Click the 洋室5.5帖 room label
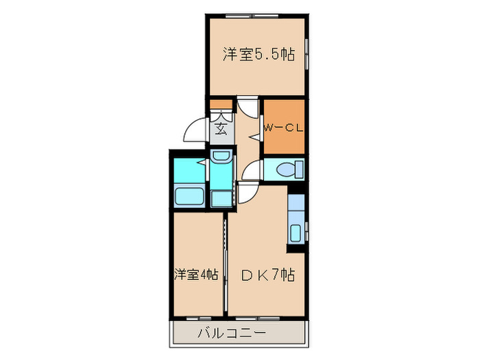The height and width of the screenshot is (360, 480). tap(259, 56)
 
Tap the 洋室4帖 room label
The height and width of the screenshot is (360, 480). tap(195, 275)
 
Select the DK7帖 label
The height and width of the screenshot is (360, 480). tap(268, 275)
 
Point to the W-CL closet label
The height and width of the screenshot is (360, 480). tap(283, 128)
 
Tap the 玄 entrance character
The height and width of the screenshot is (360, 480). tap(221, 128)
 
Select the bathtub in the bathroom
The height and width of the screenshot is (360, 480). tap(189, 196)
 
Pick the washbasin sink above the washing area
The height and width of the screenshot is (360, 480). tap(221, 158)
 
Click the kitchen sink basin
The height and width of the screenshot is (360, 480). tap(296, 232)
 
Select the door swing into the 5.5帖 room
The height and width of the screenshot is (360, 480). tap(248, 108)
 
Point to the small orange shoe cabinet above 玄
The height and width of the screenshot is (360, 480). tap(221, 104)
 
